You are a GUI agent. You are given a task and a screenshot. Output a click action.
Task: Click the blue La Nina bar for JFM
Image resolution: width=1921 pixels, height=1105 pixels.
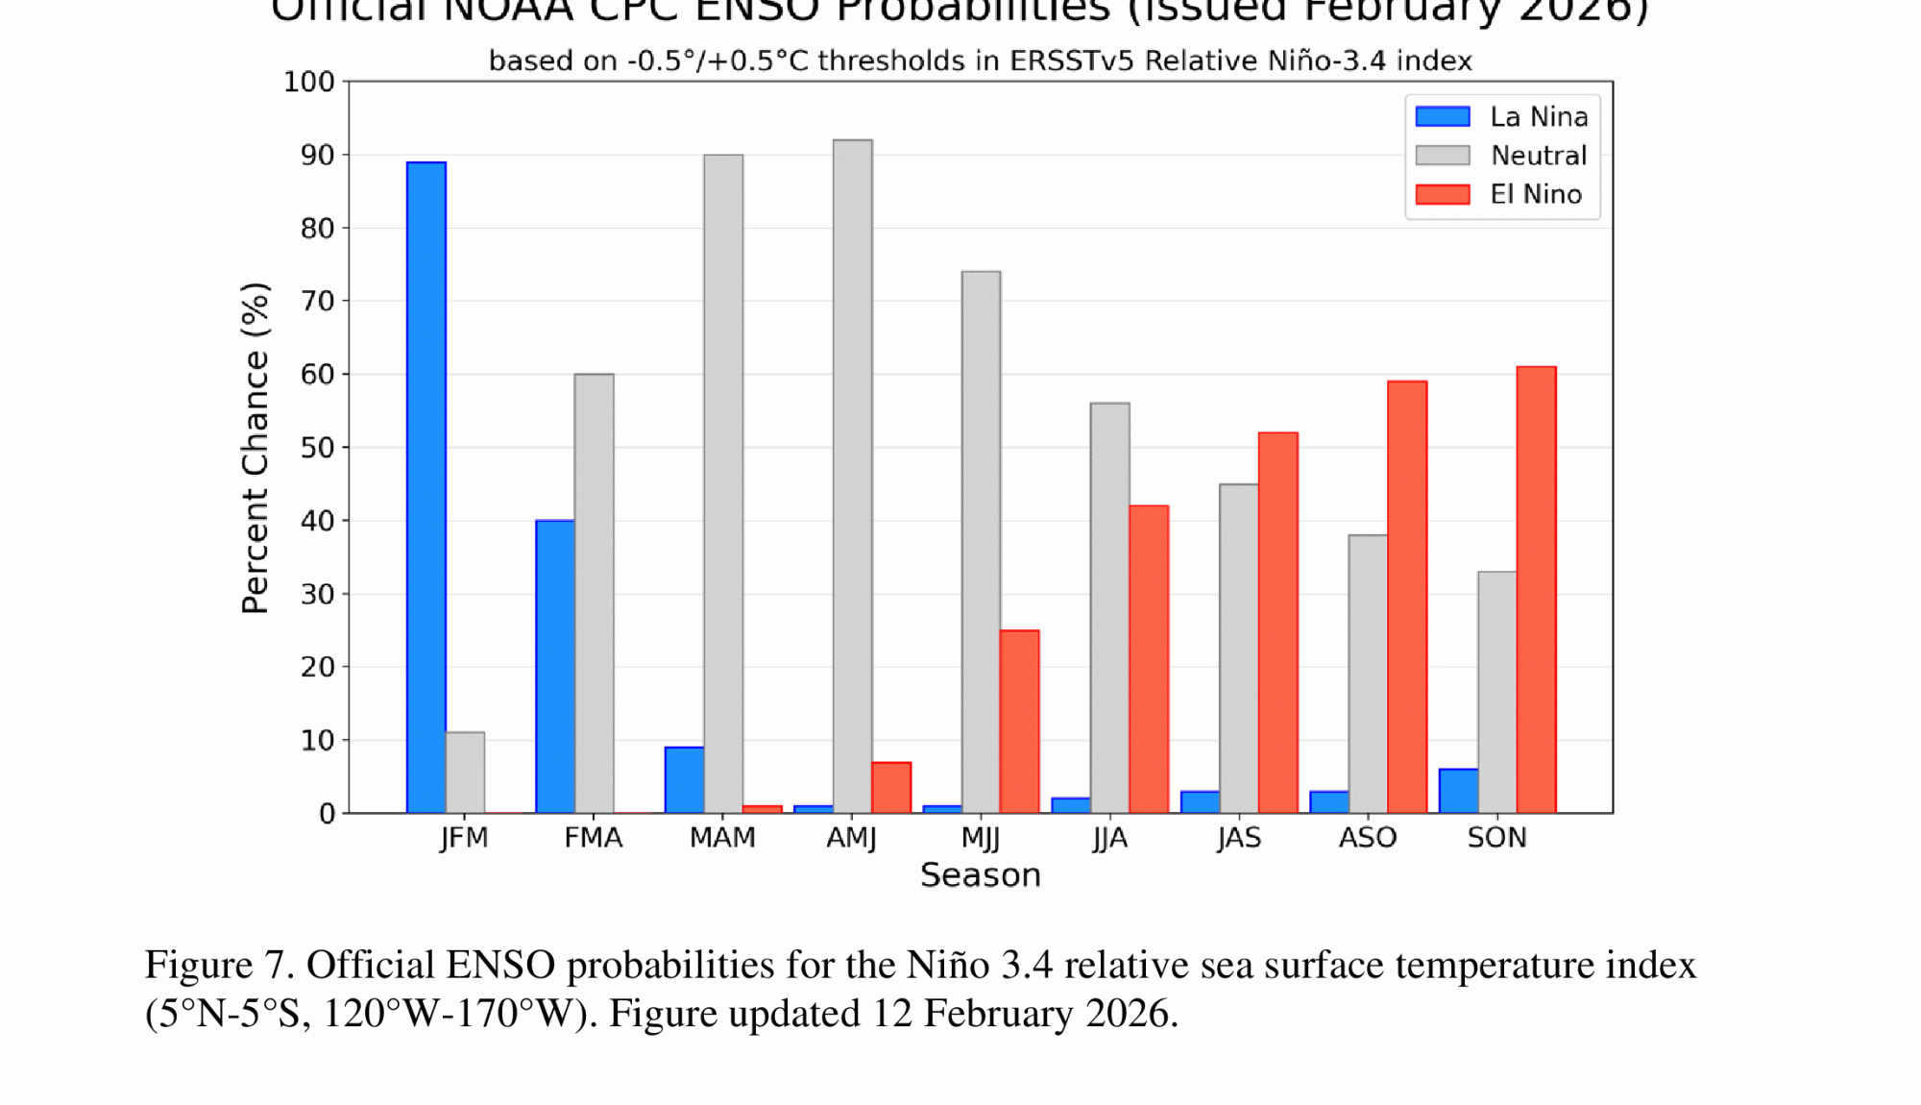click(426, 487)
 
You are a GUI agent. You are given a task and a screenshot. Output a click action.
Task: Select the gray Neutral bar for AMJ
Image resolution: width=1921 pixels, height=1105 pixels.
click(853, 476)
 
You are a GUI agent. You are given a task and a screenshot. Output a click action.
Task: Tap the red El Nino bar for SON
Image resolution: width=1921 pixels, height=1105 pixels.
click(1536, 589)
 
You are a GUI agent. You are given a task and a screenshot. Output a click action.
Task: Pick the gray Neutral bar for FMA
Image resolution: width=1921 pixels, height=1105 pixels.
click(595, 593)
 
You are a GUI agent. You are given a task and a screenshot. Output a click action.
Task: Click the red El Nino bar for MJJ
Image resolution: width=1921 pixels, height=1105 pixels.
click(1019, 722)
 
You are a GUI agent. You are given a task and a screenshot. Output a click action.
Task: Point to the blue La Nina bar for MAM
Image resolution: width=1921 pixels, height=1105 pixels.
click(685, 779)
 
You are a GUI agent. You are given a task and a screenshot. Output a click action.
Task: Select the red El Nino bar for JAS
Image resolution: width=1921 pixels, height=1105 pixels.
click(1277, 623)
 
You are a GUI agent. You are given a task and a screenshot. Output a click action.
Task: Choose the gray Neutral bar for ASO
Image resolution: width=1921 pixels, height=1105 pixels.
click(1368, 674)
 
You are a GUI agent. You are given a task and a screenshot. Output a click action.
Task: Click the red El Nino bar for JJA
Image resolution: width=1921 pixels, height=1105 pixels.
click(1149, 659)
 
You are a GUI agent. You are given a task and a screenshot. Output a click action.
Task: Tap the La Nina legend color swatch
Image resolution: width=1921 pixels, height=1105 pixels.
click(1443, 116)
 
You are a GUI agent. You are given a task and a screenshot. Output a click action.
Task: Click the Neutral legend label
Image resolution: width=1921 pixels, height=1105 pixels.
click(1539, 156)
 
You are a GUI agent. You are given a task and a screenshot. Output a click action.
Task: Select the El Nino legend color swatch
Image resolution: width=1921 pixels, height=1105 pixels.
click(1443, 194)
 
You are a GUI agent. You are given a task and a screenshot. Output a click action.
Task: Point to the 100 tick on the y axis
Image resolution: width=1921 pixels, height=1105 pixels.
click(308, 83)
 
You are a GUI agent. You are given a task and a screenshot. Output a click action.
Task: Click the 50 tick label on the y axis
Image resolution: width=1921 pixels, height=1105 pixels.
click(317, 448)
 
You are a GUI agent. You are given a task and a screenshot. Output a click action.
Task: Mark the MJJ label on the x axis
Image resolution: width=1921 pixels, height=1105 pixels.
click(981, 838)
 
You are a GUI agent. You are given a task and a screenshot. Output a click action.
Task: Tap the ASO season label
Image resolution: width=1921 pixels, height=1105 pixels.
click(1368, 838)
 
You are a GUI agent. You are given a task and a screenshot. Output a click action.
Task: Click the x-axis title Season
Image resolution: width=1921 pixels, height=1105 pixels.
click(981, 875)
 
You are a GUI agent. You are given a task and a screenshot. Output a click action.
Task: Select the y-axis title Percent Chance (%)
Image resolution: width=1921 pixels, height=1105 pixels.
click(255, 448)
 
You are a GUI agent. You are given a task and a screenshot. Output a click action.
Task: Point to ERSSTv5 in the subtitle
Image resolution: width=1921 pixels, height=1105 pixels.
click(1072, 61)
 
